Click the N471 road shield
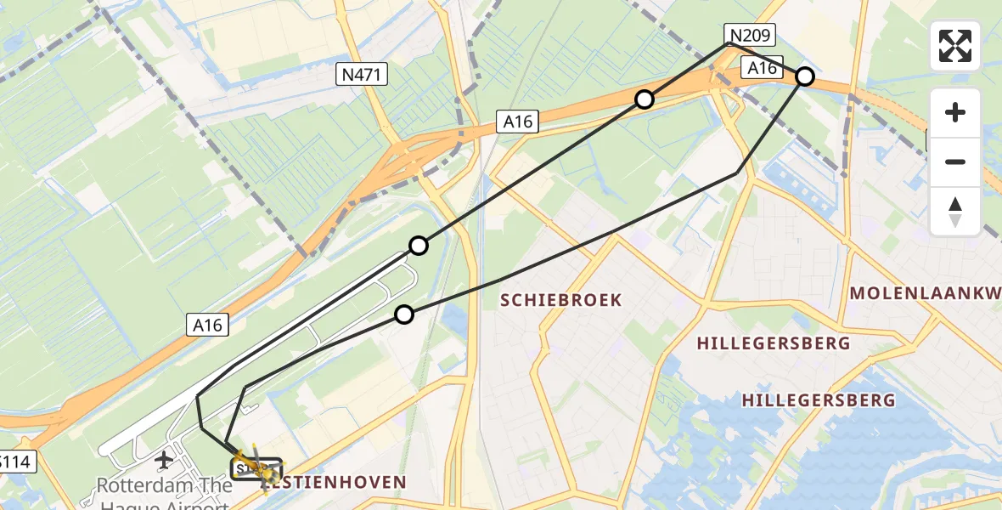(362, 76)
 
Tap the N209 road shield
(750, 35)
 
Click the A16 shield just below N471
(517, 122)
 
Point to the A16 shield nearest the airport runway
(206, 324)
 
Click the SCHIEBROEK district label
(560, 300)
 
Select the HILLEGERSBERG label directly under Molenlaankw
(773, 343)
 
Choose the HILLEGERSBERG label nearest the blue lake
(818, 399)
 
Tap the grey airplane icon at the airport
(163, 461)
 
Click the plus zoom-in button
(955, 112)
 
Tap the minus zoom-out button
(955, 161)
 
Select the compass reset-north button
(955, 211)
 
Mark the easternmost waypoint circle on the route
(805, 77)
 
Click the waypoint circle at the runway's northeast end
(418, 246)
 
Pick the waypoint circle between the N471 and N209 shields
(645, 99)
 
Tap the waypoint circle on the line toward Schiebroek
(404, 314)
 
